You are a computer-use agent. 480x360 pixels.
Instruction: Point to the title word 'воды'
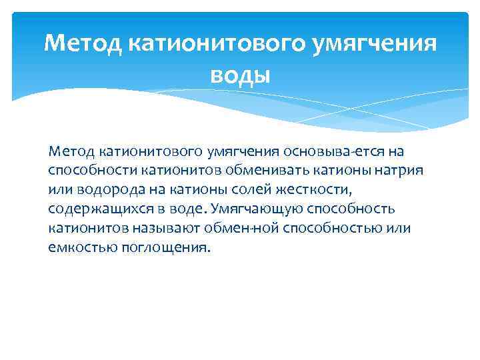[x=240, y=75]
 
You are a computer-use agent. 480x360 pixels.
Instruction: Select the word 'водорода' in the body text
[x=99, y=190]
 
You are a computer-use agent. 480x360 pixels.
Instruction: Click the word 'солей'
[x=255, y=190]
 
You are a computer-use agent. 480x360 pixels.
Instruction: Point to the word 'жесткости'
[x=317, y=190]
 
